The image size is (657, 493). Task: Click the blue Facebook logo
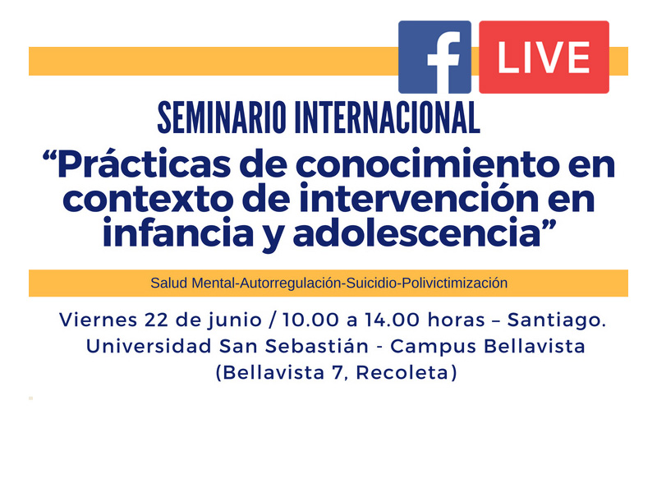pyautogui.click(x=434, y=58)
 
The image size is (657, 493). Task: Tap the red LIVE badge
pyautogui.click(x=544, y=58)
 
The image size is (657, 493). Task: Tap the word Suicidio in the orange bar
pyautogui.click(x=370, y=283)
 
